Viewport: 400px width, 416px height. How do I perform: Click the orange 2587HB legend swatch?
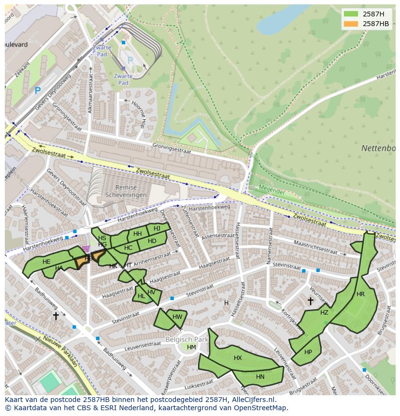(x=351, y=24)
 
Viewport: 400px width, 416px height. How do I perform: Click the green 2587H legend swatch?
(x=351, y=14)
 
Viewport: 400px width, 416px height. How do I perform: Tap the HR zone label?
(x=360, y=294)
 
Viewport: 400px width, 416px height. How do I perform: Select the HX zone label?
(x=238, y=358)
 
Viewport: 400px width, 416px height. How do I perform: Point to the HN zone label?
(x=260, y=376)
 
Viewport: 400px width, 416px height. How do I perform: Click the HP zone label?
(x=308, y=352)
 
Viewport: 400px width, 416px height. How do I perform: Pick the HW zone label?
(x=177, y=317)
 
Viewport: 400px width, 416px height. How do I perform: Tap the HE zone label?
(x=46, y=261)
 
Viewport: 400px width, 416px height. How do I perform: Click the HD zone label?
(x=152, y=241)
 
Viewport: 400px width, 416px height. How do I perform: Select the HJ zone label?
(x=157, y=228)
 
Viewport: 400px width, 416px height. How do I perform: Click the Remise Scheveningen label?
(x=124, y=191)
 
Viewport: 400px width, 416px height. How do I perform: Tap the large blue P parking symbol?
(x=38, y=90)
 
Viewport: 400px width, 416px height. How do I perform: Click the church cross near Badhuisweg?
(x=56, y=316)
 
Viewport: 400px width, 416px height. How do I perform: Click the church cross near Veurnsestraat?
(x=310, y=301)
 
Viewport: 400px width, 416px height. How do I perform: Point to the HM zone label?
(x=191, y=347)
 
